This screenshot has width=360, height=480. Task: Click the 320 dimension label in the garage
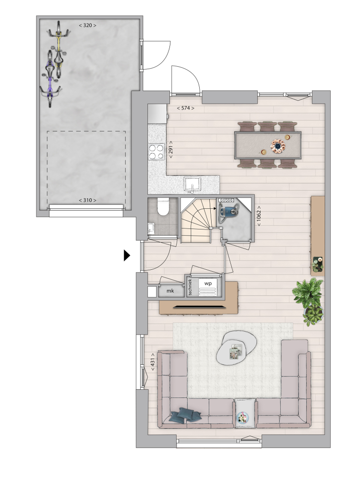[x=87, y=25]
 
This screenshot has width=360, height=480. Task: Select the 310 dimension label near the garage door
[x=87, y=200]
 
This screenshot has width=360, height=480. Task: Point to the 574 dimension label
[x=186, y=108]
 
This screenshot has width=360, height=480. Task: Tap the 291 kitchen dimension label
[x=171, y=149]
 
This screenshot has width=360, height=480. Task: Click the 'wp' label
[x=208, y=283]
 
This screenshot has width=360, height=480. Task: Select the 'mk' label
[x=170, y=291]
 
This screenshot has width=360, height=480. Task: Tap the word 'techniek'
[x=190, y=287]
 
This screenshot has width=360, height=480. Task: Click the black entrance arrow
[x=127, y=255]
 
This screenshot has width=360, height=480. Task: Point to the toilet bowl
[x=163, y=207]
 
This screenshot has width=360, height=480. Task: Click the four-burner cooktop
[x=156, y=152]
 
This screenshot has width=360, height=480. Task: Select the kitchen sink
[x=192, y=184]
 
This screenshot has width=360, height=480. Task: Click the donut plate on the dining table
[x=277, y=146]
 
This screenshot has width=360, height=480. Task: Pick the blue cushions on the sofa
[x=185, y=415]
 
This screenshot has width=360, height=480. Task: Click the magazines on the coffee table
[x=236, y=351]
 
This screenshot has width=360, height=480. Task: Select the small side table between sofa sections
[x=245, y=414]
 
